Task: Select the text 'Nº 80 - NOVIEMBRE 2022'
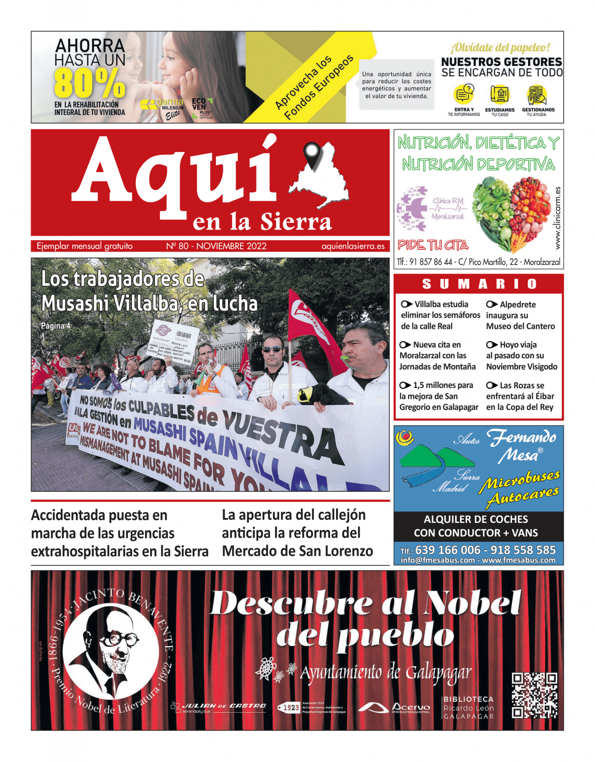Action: pos(216,246)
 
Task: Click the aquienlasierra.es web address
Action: pos(353,246)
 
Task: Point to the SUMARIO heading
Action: pos(479,284)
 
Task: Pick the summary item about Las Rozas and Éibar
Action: pos(520,396)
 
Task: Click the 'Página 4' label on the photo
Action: pos(55,326)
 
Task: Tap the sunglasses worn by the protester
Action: pos(272,349)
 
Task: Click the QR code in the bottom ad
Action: pos(534,695)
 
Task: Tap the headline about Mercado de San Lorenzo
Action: pos(297,533)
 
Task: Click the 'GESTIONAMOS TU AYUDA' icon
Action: pos(537,95)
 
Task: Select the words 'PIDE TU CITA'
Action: pos(433,245)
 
